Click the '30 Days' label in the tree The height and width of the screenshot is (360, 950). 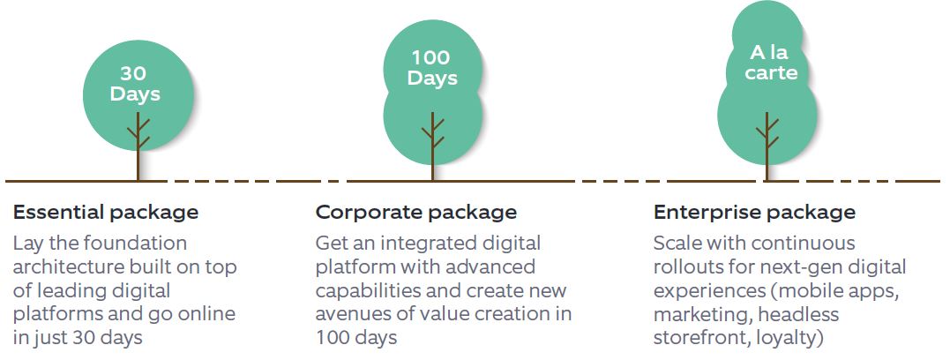[135, 84]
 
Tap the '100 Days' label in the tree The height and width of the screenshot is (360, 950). [432, 68]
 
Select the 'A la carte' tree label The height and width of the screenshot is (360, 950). [771, 63]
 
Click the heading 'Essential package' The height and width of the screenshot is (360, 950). [106, 213]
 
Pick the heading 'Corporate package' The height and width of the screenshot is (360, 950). [416, 213]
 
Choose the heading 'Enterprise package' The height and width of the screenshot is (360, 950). [754, 213]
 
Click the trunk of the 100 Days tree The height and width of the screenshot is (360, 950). [432, 146]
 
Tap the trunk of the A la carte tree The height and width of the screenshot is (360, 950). [767, 146]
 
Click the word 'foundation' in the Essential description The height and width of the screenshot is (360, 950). [135, 244]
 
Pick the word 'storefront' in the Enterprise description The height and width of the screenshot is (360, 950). [702, 338]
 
